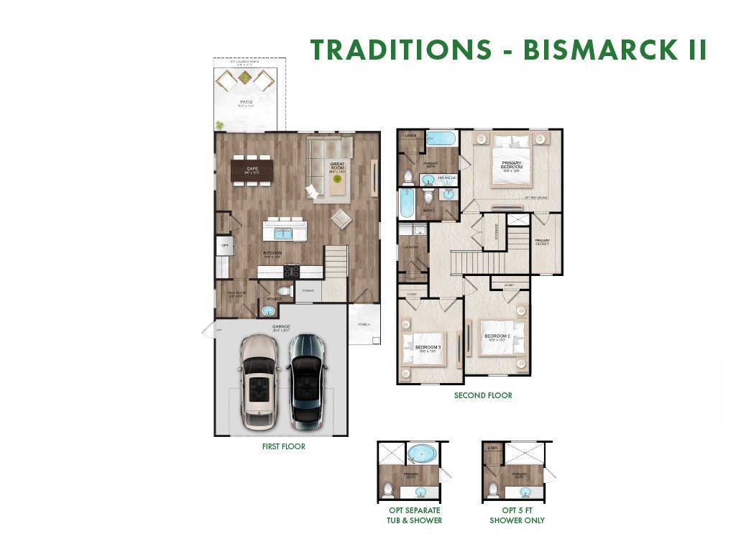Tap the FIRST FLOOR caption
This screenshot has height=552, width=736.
coord(283,446)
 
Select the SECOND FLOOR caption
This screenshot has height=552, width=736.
coord(483,395)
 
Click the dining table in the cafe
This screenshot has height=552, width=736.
coord(252,170)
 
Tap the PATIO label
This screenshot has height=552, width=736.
coord(246,103)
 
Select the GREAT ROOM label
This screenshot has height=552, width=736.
coord(338,167)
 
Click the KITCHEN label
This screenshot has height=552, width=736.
coord(272,253)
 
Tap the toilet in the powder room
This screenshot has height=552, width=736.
coord(282,291)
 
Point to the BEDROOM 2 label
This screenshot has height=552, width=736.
coord(497,337)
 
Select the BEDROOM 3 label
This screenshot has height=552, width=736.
coord(428,349)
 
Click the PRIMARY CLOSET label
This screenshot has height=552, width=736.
coord(542,242)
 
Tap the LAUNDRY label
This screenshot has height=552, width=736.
coord(411,247)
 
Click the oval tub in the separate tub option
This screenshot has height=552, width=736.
coord(422,454)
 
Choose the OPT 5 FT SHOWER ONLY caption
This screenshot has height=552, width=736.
coord(517,515)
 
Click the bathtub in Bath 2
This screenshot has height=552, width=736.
coord(407,203)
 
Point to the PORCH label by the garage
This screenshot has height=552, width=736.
coord(364,324)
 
